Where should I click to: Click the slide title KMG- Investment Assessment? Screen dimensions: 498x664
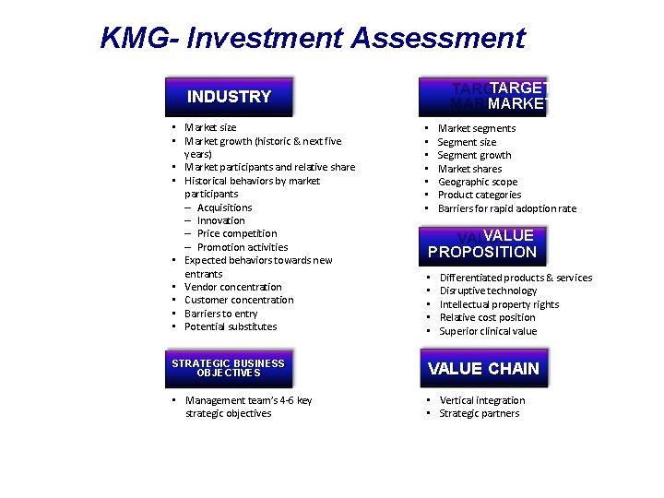[313, 39]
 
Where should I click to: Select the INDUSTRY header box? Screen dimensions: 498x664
[229, 97]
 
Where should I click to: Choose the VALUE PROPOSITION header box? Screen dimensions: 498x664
[483, 244]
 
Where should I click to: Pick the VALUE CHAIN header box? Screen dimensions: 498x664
[483, 369]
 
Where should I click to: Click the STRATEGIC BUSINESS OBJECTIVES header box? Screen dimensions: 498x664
[229, 368]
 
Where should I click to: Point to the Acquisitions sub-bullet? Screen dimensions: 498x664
[224, 207]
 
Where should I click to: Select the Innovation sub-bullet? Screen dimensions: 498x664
[220, 220]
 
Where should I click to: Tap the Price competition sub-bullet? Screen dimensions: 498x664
[236, 233]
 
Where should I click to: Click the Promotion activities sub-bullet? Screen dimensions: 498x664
[242, 247]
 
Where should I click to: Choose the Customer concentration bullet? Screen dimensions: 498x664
[239, 300]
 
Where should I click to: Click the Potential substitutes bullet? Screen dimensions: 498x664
[231, 326]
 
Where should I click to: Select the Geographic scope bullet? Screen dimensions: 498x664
[478, 182]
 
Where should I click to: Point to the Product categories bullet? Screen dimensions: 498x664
[480, 195]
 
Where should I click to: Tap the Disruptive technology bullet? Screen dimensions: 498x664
[488, 290]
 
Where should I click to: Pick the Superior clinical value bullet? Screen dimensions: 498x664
[488, 331]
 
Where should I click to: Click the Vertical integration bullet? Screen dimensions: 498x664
[482, 400]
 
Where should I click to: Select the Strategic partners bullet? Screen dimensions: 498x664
[480, 413]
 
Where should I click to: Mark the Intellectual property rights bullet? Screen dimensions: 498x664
[499, 304]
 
